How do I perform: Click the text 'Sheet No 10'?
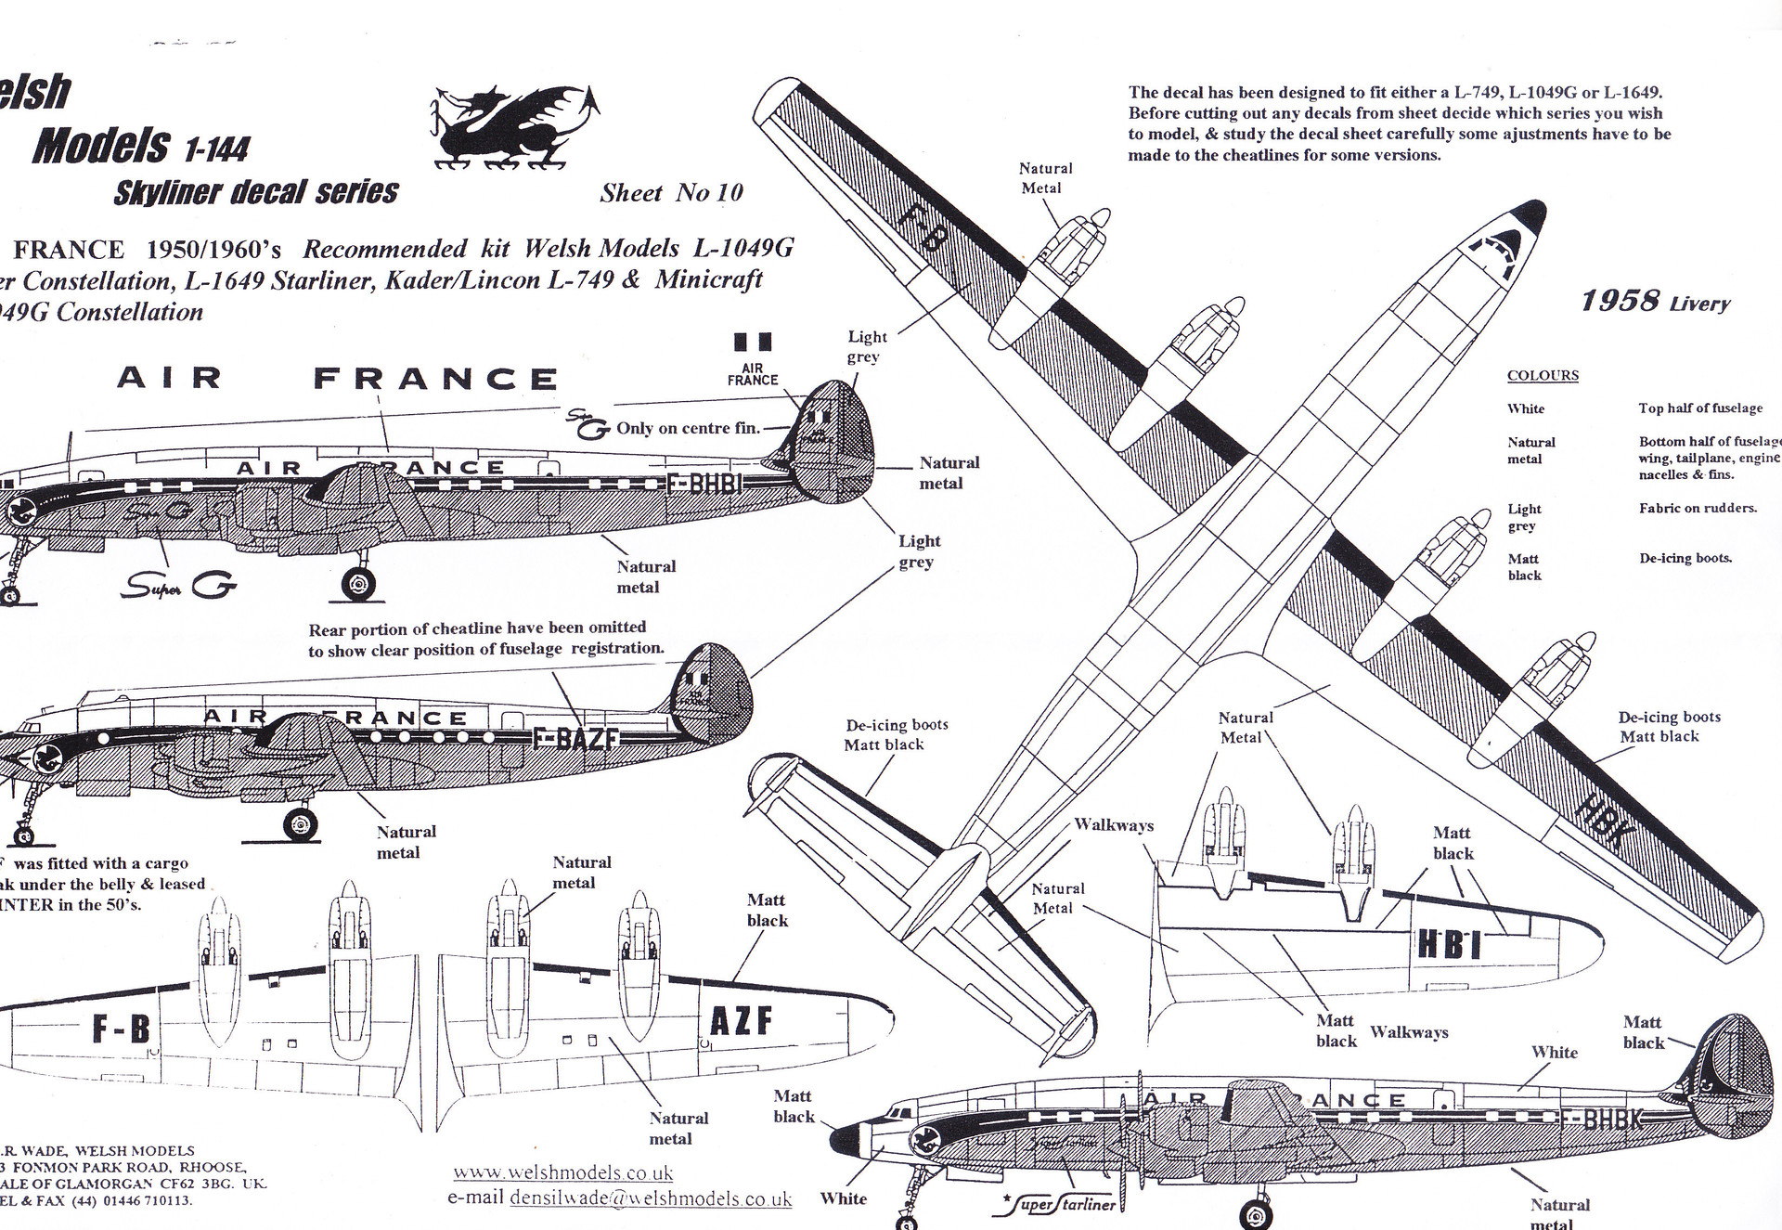click(x=671, y=193)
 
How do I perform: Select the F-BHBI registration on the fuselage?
click(x=706, y=484)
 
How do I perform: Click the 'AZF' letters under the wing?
click(x=741, y=1021)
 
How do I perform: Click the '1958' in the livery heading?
click(x=1620, y=301)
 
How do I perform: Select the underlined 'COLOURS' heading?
click(x=1543, y=376)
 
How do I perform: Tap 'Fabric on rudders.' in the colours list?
click(x=1698, y=509)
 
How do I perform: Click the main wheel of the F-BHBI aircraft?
click(x=358, y=585)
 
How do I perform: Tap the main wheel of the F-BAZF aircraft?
click(x=300, y=822)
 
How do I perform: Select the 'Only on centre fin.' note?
click(x=688, y=428)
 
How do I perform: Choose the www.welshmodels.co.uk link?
click(x=562, y=1173)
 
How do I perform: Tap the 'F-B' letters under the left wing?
click(x=121, y=1029)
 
